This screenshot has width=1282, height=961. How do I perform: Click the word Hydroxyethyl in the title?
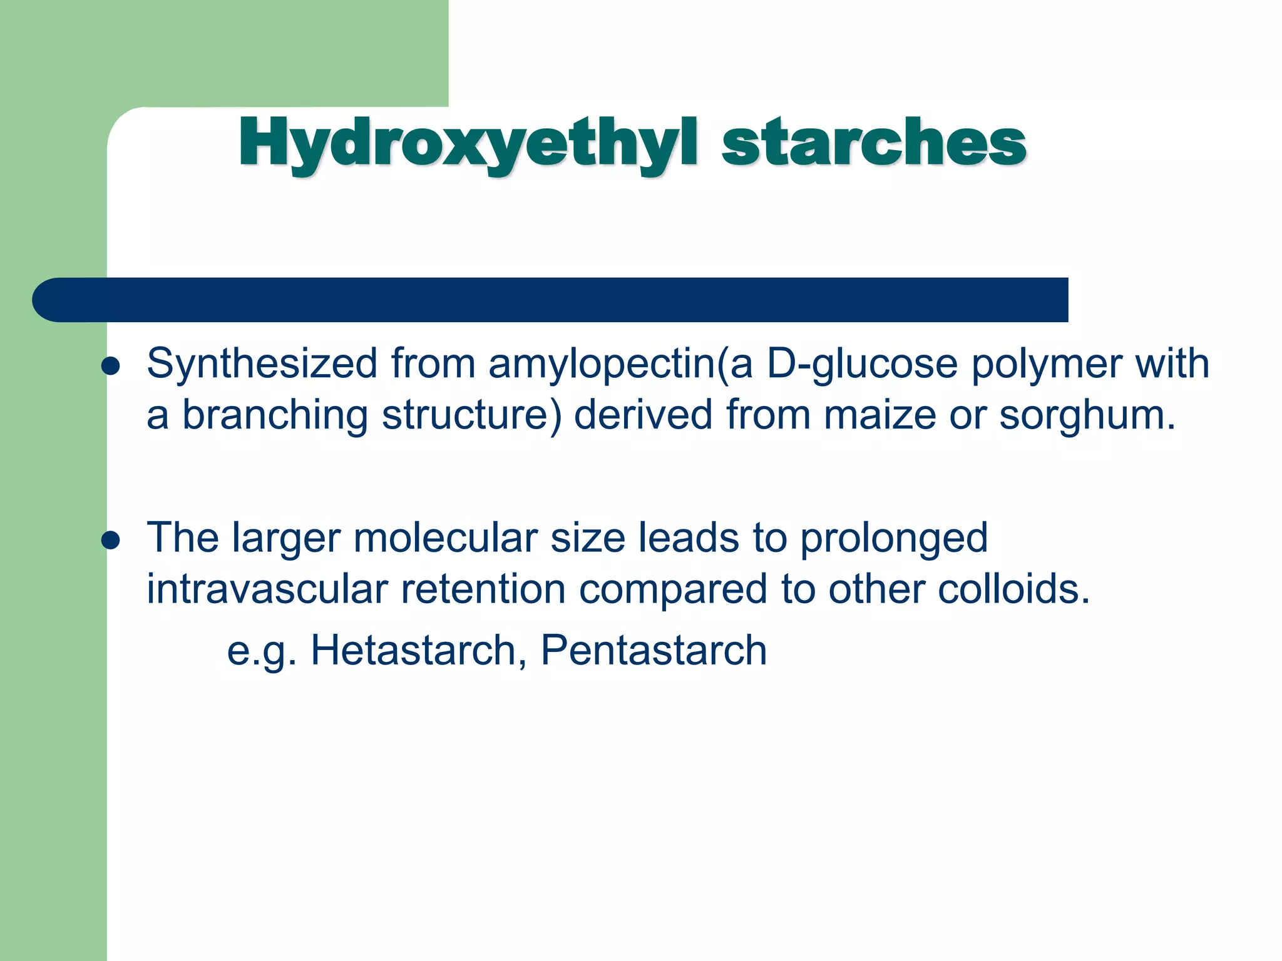point(467,143)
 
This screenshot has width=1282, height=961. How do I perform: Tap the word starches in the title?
point(874,143)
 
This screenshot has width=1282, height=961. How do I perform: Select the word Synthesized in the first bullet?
point(262,364)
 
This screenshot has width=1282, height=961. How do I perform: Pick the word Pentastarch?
point(654,650)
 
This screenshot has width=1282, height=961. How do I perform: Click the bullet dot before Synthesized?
point(111,367)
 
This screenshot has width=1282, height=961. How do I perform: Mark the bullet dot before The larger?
point(111,541)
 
